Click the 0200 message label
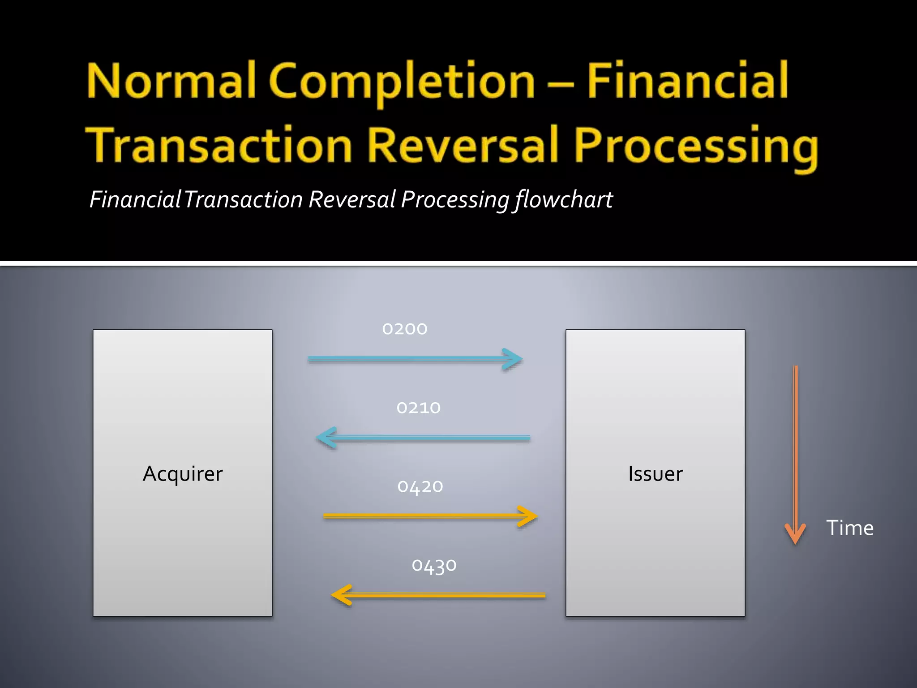[405, 329]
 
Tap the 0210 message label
[419, 408]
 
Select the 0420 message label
[420, 487]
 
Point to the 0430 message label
[434, 566]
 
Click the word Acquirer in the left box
[183, 474]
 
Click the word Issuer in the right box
[655, 474]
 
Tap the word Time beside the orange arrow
[849, 528]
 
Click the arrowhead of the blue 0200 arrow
[513, 359]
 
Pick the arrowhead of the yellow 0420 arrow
[528, 516]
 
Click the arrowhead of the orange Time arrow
[795, 534]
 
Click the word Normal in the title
[171, 81]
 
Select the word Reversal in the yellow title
[464, 145]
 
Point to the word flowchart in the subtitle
[564, 200]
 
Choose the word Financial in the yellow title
[687, 81]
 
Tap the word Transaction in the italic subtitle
[243, 200]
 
